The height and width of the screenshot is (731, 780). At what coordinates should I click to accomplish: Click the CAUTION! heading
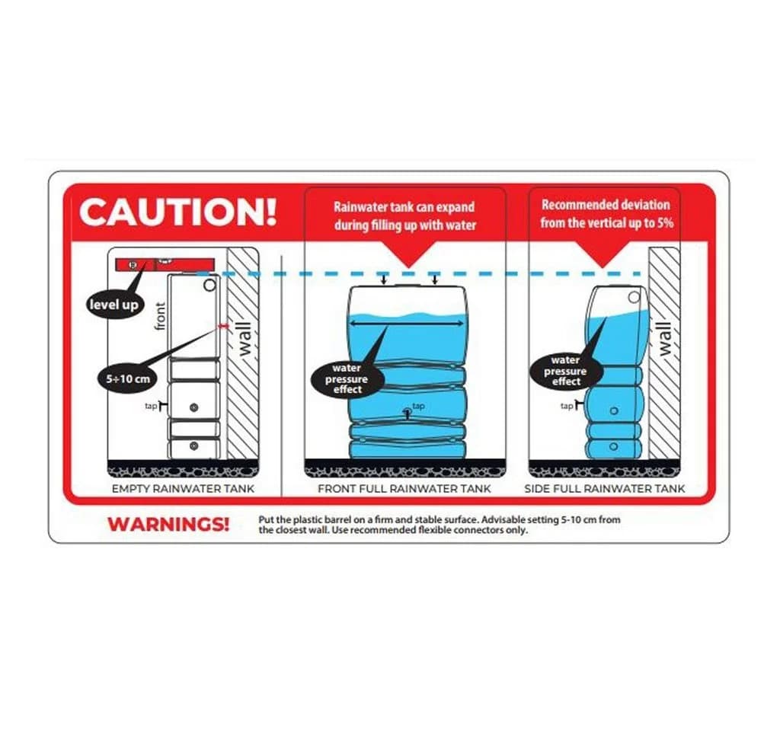pos(177,212)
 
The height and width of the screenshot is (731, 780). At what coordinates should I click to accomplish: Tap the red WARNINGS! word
pos(168,524)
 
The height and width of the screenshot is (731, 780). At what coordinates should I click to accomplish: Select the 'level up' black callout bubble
pos(114,305)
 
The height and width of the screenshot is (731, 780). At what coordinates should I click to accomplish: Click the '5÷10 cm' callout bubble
pos(127,379)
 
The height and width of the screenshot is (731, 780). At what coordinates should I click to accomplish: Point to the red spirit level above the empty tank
pos(165,264)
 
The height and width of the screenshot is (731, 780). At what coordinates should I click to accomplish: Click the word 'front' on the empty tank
pos(160,316)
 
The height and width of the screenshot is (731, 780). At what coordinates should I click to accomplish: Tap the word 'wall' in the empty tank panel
pos(245,339)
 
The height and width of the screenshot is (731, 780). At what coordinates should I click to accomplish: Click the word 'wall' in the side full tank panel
pos(665,339)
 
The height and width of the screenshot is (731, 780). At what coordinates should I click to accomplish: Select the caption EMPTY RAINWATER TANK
pos(183,489)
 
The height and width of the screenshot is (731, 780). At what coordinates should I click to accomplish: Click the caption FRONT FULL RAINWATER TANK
pos(404,489)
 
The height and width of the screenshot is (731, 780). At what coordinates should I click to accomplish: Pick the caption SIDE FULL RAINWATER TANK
pos(604,489)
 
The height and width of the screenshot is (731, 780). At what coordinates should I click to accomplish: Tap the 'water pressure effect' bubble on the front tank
pos(347,379)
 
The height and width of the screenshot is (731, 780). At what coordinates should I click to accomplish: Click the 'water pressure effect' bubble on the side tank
pos(566,371)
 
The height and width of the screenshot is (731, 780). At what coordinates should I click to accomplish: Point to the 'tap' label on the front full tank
pos(418,406)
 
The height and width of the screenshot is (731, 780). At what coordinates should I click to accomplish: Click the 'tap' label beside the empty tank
pos(151,406)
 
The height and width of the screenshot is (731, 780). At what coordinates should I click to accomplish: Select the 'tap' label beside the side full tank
pos(567,406)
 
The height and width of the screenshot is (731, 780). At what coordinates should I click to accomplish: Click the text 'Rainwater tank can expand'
pos(404,207)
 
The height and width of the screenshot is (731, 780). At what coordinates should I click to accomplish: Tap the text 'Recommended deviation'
pos(606,205)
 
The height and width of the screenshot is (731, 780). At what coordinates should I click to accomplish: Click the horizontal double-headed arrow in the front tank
pos(407,324)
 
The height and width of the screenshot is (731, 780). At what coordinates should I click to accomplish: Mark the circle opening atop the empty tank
pos(210,285)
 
